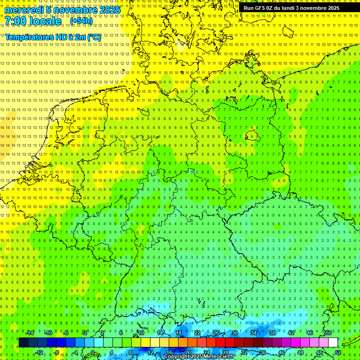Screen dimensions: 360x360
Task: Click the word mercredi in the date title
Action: [24, 10]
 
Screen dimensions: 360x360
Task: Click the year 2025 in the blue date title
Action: [107, 10]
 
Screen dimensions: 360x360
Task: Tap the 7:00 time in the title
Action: [17, 21]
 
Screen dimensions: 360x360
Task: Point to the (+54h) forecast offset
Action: [82, 21]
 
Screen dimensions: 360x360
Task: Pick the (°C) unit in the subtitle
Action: [93, 37]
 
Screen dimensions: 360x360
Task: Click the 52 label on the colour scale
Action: [337, 352]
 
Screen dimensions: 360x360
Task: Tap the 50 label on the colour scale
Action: [329, 333]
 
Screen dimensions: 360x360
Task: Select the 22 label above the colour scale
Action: [197, 333]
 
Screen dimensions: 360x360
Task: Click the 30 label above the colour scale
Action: [235, 333]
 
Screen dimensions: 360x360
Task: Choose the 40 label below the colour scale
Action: [281, 352]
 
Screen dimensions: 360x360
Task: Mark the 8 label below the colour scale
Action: [130, 352]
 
